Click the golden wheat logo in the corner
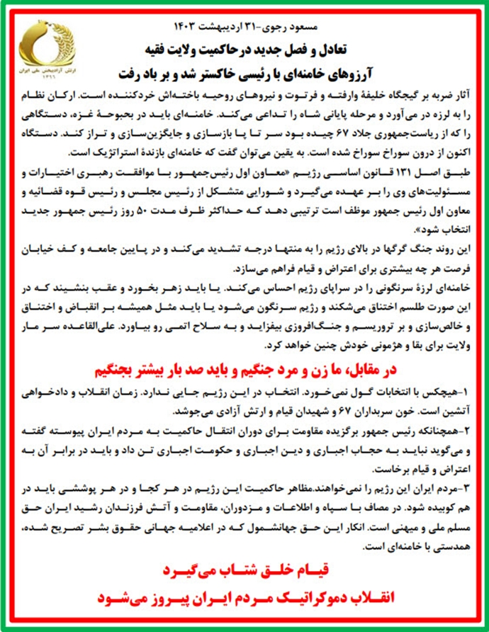pyautogui.click(x=45, y=50)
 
